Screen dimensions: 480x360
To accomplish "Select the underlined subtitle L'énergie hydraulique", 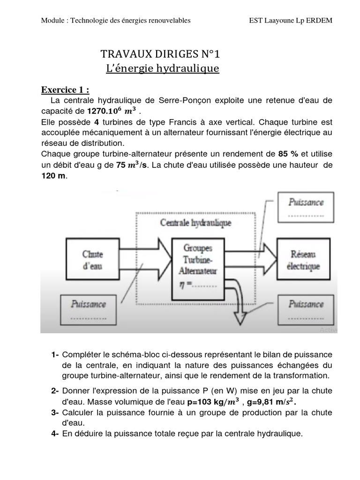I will [x=163, y=69].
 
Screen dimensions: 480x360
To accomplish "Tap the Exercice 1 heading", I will [x=65, y=90].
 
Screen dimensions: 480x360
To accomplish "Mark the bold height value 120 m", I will [x=54, y=176].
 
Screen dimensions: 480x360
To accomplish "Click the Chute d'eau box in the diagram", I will [x=92, y=260].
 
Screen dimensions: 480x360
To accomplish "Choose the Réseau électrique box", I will [x=305, y=260].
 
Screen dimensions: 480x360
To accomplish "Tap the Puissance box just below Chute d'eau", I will [x=88, y=307].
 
